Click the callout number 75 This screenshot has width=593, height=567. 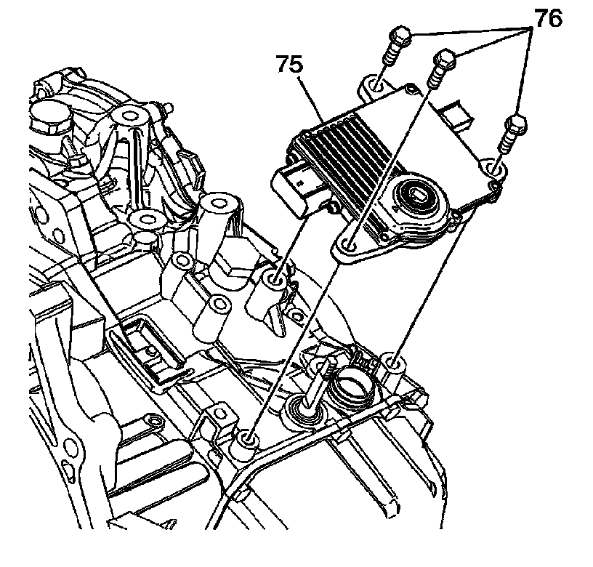point(289,64)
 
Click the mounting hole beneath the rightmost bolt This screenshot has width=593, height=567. point(496,169)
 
